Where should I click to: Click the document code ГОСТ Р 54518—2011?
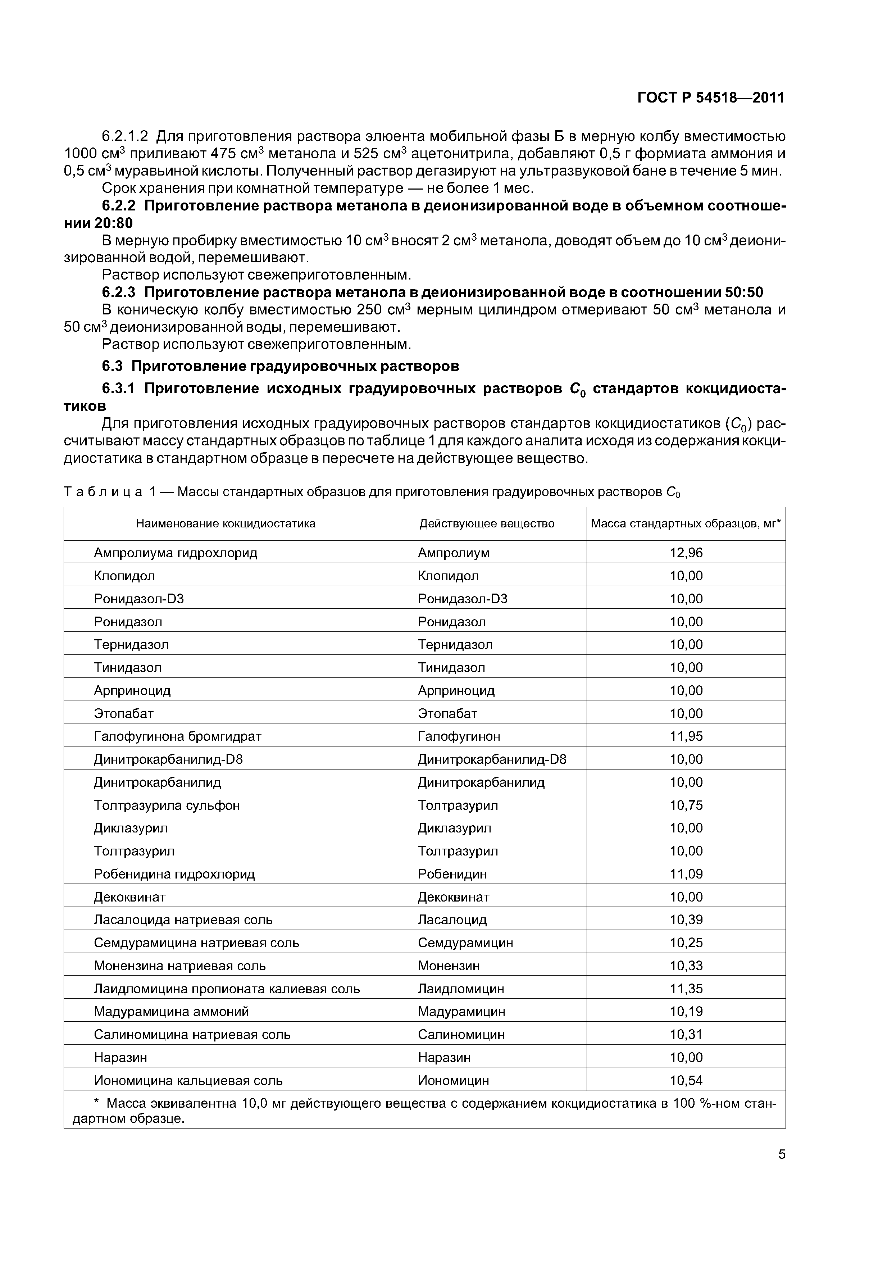[711, 98]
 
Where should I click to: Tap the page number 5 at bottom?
[782, 1154]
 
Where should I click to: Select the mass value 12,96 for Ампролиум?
[686, 553]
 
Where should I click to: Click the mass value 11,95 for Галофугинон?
[686, 736]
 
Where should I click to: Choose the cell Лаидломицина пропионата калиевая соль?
[227, 989]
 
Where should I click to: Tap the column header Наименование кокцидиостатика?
[226, 524]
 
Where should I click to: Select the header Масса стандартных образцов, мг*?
[685, 524]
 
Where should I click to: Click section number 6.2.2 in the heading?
[118, 206]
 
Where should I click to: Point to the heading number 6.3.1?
[118, 389]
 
